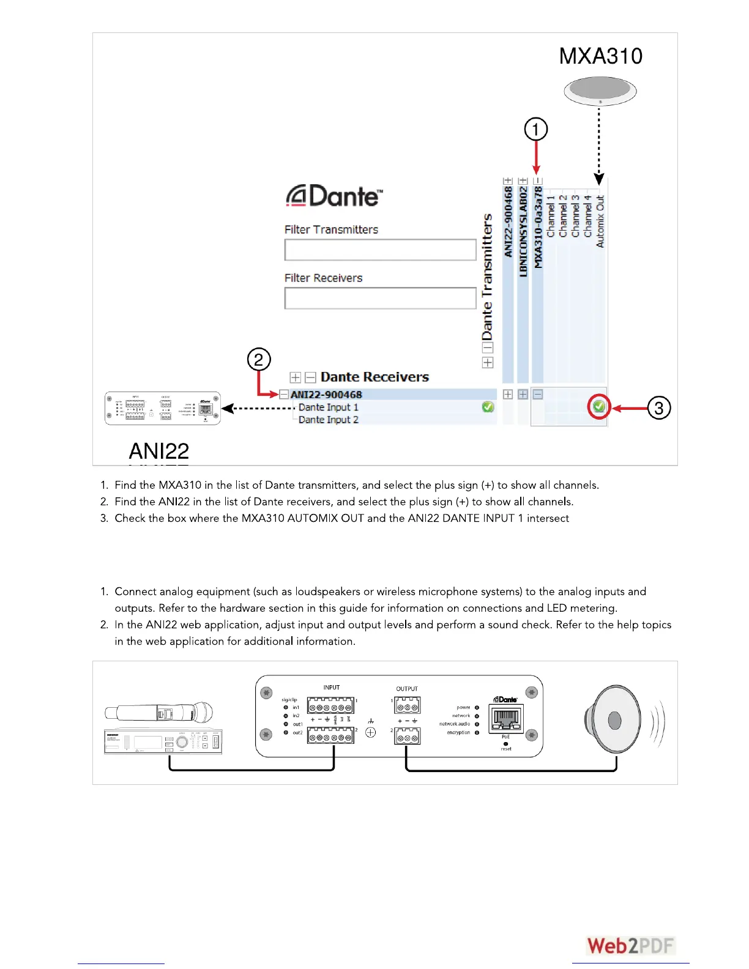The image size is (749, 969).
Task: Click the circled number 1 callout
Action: (x=536, y=129)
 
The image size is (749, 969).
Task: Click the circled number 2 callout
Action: (x=259, y=359)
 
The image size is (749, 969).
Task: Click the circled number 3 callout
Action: (x=659, y=408)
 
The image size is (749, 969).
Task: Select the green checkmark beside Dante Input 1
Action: (x=488, y=407)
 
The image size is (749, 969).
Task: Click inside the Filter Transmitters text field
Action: (x=380, y=250)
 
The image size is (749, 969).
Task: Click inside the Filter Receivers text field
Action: (x=380, y=298)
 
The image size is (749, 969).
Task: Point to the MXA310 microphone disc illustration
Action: (x=600, y=91)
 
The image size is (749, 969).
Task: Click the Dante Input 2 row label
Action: (x=328, y=420)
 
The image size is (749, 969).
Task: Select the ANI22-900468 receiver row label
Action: (x=326, y=395)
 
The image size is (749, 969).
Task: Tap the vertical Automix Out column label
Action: (x=600, y=221)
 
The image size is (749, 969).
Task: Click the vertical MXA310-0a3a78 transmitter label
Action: (x=538, y=227)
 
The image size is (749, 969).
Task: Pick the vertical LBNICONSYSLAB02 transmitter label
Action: (x=523, y=232)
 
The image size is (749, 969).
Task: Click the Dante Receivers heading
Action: (x=374, y=377)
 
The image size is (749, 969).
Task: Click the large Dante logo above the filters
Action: (x=334, y=196)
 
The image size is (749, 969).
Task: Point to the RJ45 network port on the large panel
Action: (x=505, y=719)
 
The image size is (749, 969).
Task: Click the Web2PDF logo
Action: (x=631, y=946)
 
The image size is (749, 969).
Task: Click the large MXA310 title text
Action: (x=600, y=56)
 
